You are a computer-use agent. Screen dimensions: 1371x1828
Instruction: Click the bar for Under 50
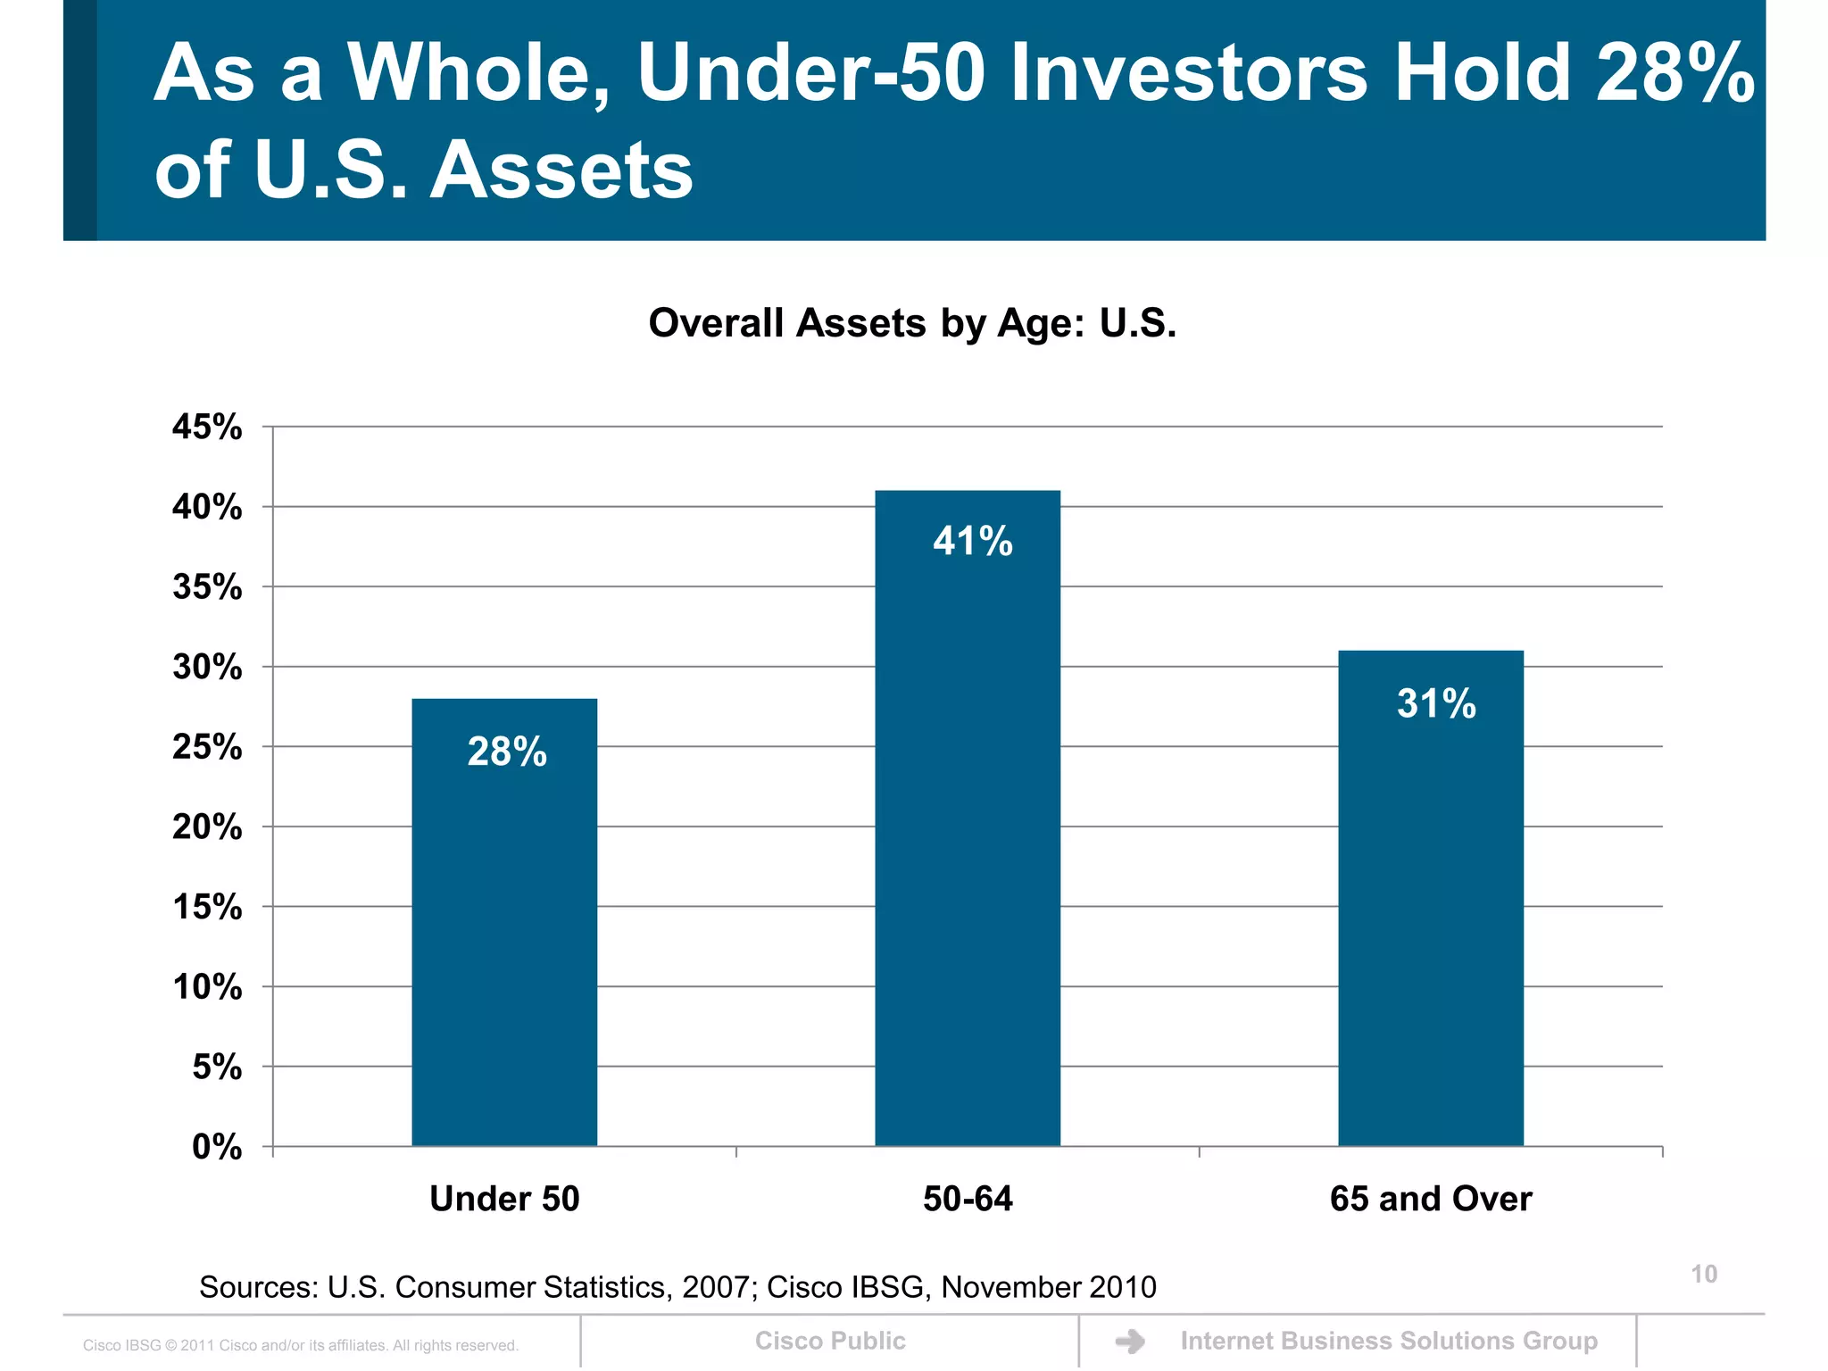504,937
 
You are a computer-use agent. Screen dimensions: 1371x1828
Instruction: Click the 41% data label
973,542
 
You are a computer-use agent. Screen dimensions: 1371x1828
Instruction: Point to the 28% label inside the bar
507,752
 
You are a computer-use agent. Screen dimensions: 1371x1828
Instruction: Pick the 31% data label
1436,703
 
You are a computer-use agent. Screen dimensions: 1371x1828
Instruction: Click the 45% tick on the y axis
207,427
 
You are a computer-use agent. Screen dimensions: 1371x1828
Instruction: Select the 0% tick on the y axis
217,1147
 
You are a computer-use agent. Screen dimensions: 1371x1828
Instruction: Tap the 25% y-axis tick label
207,747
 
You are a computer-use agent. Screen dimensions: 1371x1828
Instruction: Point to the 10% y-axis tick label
207,987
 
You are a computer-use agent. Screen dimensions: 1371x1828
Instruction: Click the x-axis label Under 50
504,1199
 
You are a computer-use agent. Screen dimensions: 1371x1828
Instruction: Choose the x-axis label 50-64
968,1199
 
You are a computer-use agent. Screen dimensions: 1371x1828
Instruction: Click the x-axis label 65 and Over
1431,1199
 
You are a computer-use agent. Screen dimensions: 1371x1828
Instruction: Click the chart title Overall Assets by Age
912,323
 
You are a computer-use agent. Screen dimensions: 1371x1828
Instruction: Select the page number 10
1704,1275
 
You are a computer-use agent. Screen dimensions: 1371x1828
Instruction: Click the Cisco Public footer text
830,1341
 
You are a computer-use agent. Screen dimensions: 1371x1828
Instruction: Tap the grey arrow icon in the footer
1131,1342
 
